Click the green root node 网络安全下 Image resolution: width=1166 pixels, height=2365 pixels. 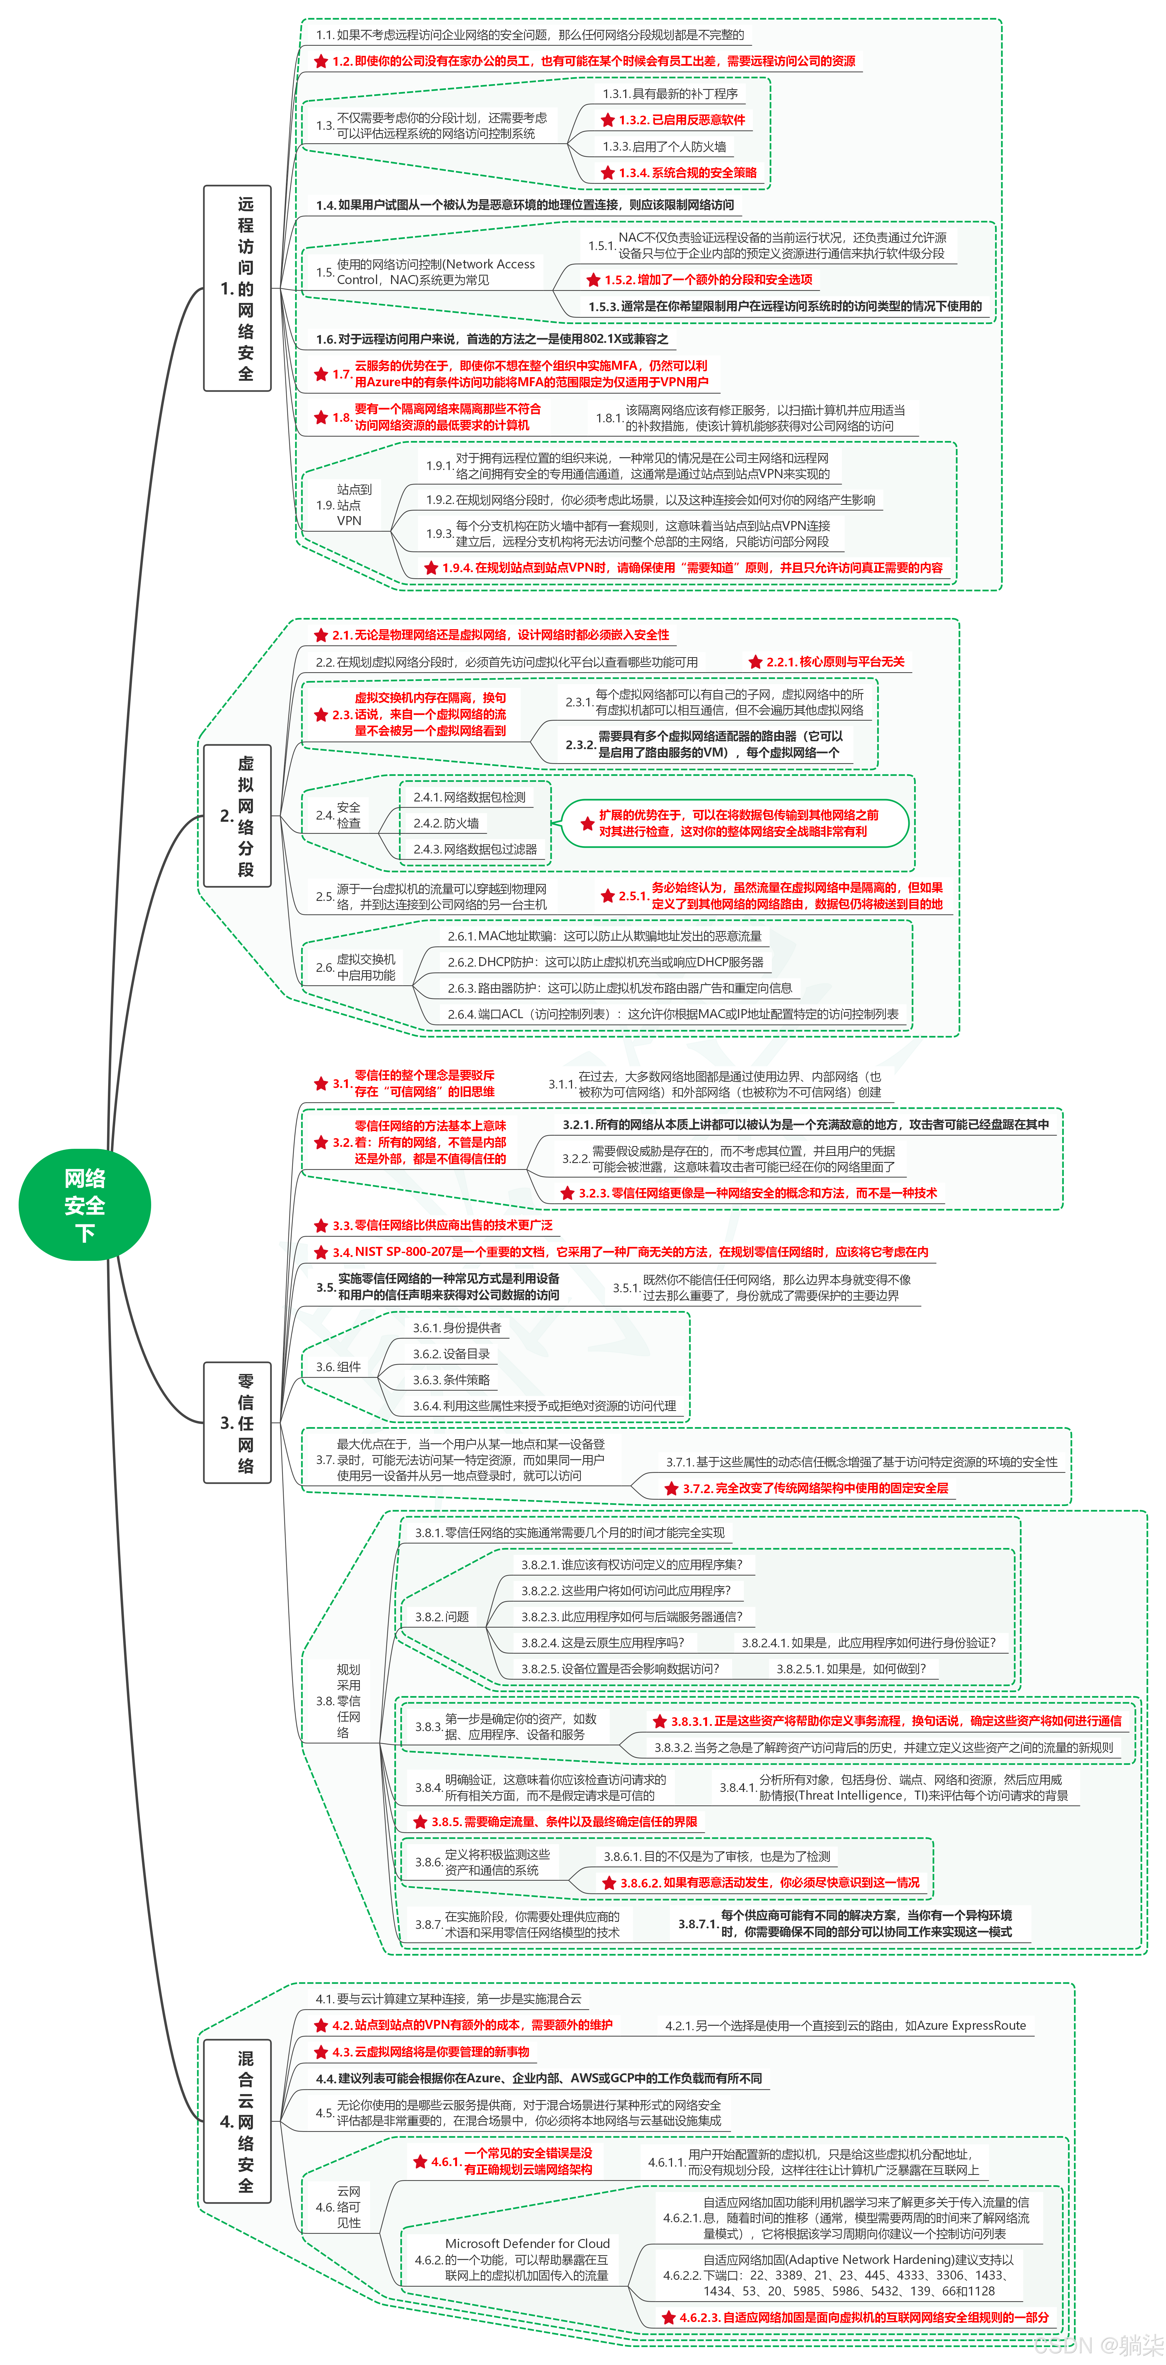click(84, 1204)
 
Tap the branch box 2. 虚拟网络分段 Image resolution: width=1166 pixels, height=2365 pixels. click(237, 815)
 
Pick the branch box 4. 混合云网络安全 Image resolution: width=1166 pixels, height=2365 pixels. click(237, 2121)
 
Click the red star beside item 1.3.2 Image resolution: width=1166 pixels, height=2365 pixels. click(607, 120)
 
